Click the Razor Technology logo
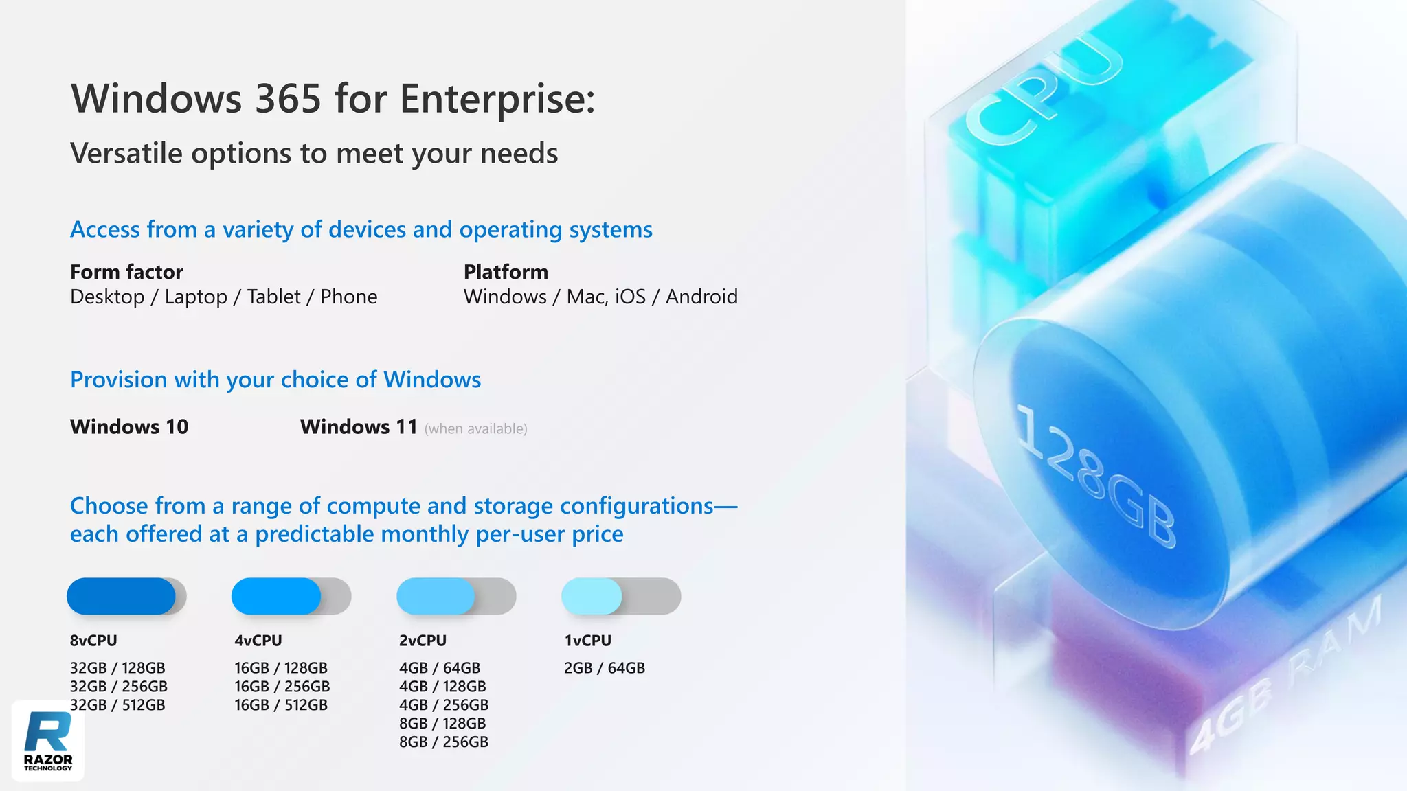48,741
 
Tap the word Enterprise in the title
497,99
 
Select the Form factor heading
126,272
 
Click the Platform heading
506,272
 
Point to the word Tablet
273,297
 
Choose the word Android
701,297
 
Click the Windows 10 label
129,426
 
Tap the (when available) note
475,428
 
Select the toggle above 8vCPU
126,596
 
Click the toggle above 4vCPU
291,596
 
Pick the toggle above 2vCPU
456,596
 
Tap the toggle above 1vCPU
621,596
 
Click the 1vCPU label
587,641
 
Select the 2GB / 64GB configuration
605,668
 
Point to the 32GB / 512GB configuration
117,705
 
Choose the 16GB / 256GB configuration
282,687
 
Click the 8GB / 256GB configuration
444,742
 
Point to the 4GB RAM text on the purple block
1285,676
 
